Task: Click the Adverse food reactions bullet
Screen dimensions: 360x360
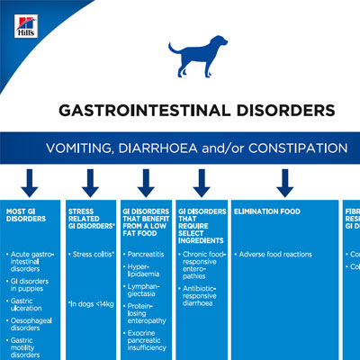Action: (276, 255)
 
